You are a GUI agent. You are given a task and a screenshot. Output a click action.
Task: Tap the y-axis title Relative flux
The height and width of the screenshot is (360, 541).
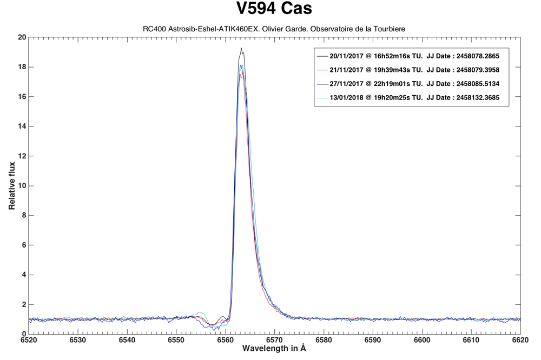pyautogui.click(x=11, y=185)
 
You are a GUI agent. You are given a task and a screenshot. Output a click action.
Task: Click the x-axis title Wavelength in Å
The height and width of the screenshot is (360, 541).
pyautogui.click(x=274, y=349)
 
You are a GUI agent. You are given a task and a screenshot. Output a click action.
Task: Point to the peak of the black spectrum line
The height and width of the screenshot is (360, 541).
pyautogui.click(x=241, y=48)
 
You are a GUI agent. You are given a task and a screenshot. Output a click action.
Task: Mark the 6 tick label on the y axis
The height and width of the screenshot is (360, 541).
pyautogui.click(x=23, y=245)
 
